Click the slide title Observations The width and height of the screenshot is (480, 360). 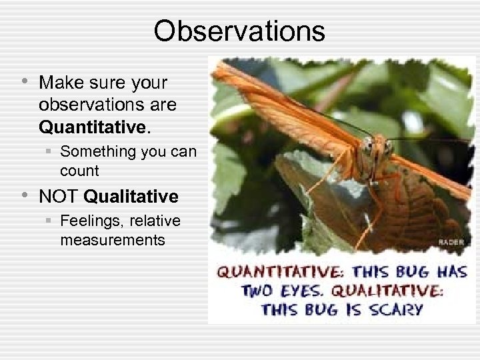coord(239,31)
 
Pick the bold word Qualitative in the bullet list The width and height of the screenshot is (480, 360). coord(131,197)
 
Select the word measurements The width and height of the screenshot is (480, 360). coord(112,239)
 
